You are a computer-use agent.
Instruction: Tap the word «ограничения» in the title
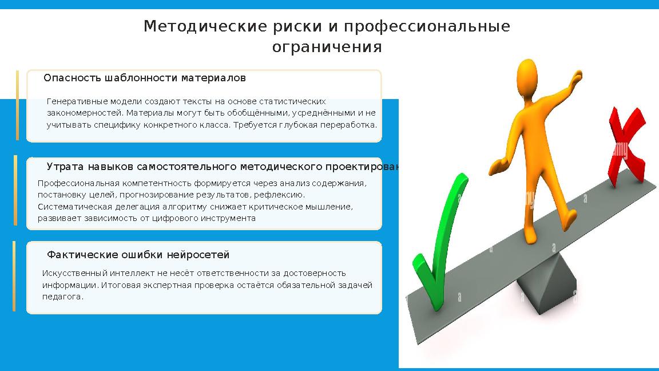327,47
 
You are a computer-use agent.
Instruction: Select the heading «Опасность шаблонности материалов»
145,77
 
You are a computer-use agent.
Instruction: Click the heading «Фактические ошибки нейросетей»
138,255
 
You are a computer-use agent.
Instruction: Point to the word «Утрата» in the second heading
65,167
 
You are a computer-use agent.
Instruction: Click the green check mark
438,240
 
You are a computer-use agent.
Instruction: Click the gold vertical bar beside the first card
17,105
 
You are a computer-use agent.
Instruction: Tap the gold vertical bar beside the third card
14,276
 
